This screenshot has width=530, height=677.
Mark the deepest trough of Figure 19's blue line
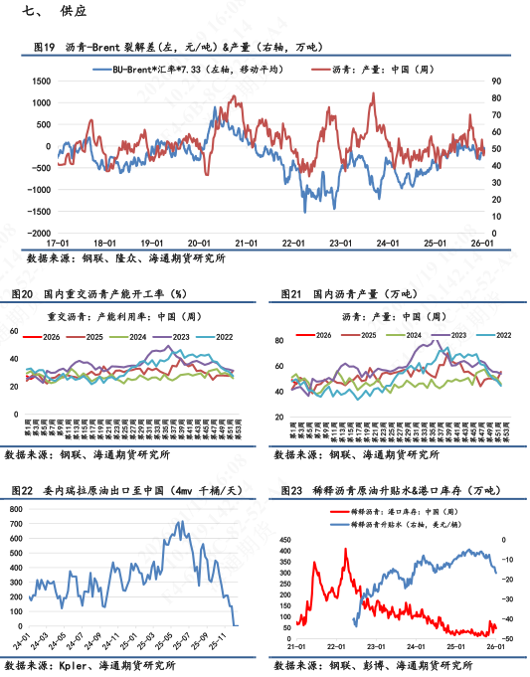(305, 210)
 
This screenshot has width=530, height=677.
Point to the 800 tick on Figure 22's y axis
(16, 509)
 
